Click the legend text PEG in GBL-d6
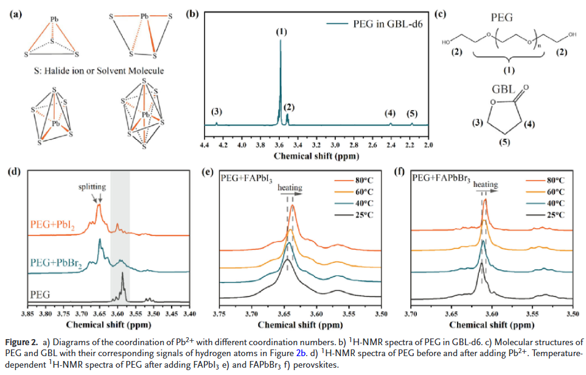coord(382,24)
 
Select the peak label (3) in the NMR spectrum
coord(217,112)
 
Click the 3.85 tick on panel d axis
coord(27,314)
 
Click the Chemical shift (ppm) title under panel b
coord(315,156)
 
